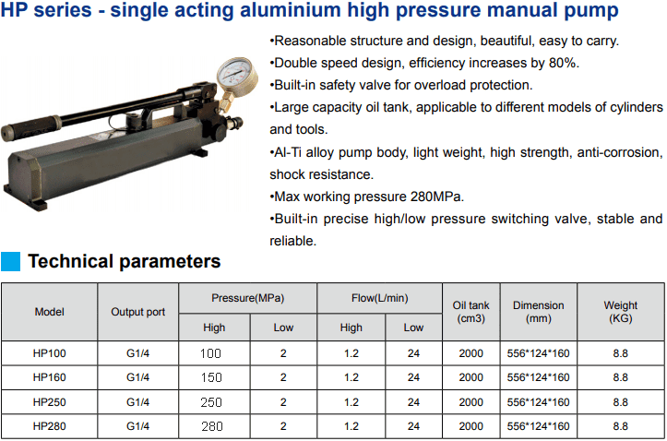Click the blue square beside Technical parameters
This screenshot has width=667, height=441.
11,262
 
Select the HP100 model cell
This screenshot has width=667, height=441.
49,353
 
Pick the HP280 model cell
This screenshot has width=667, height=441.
49,426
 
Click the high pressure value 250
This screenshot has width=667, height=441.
212,402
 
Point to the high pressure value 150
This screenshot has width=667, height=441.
212,377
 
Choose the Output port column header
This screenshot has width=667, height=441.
138,312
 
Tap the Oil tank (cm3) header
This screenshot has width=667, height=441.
470,312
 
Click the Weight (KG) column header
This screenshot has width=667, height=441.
620,312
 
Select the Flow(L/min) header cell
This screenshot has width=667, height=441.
379,298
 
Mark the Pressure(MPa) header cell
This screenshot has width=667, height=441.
247,298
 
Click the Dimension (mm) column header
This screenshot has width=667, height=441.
538,312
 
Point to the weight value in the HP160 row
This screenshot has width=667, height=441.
620,377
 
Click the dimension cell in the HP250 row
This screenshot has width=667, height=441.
538,402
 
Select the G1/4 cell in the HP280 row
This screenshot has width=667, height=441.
138,426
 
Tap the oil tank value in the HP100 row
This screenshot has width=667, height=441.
470,353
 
